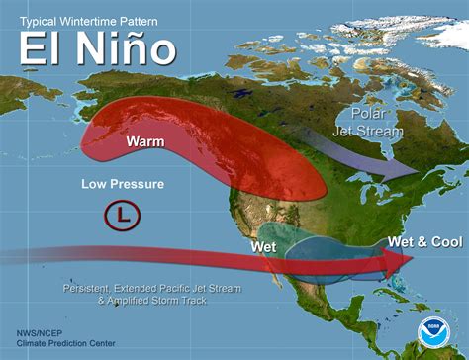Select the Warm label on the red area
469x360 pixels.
[x=145, y=141]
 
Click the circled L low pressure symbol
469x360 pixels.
[x=119, y=215]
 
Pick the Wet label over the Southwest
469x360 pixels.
[x=262, y=244]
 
